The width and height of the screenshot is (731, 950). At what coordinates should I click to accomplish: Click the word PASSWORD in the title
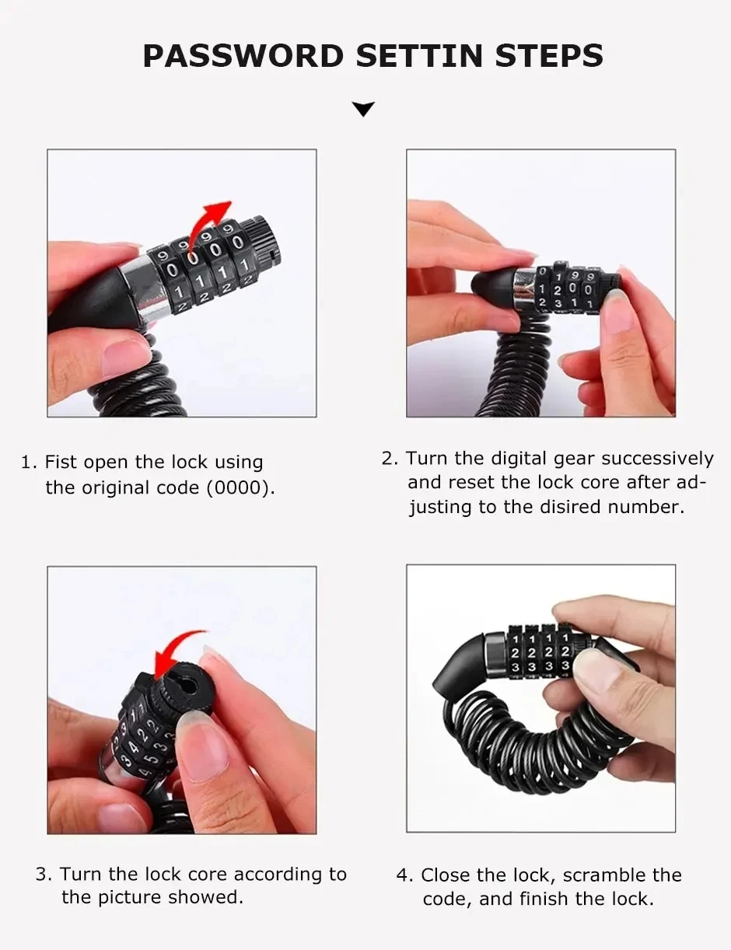coord(243,56)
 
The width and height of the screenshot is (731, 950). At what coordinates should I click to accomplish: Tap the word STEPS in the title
coord(539,56)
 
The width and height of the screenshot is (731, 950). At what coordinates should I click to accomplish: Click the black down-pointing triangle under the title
coord(363,109)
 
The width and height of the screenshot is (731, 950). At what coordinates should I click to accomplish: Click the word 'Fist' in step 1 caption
coord(61,463)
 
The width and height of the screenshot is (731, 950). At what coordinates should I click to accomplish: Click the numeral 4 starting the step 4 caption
coord(403,875)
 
